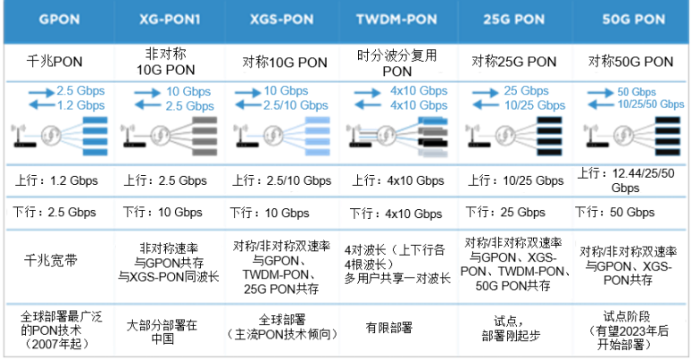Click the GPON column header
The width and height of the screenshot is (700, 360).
pos(58,20)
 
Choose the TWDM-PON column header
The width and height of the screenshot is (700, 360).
pos(397,20)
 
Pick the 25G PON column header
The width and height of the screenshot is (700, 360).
pos(516,20)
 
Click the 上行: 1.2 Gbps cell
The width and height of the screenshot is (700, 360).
pos(58,179)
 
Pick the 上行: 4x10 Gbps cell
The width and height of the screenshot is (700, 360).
pos(397,179)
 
